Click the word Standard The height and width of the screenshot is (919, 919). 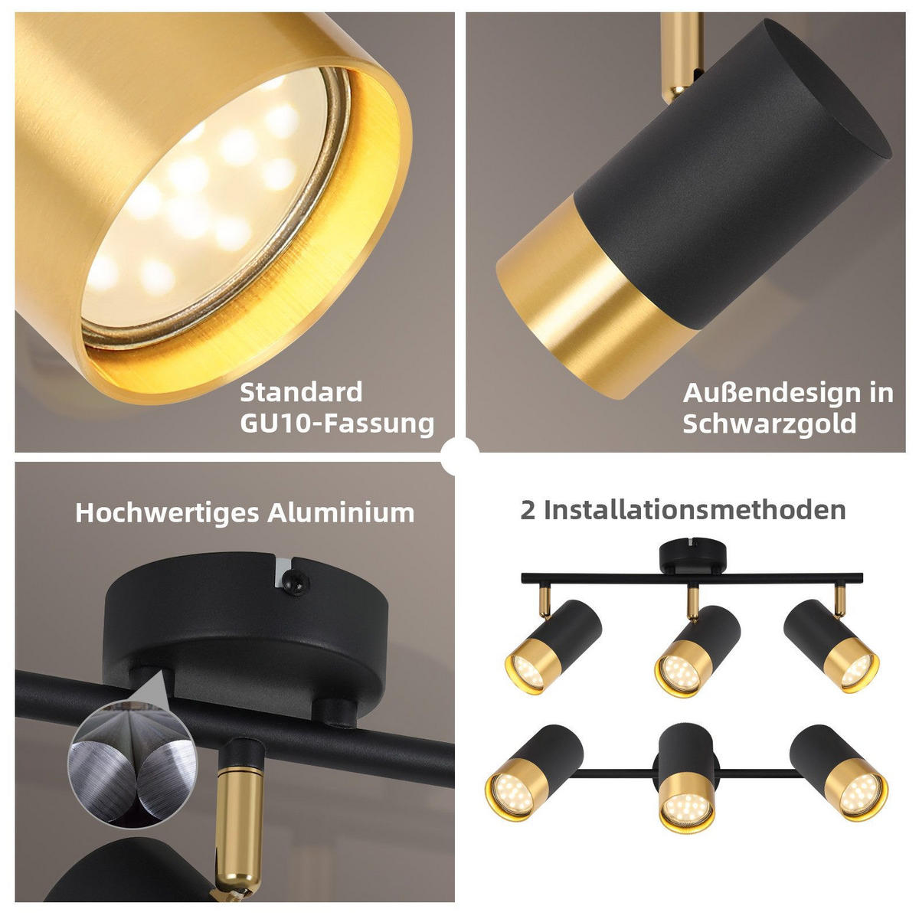coord(301,393)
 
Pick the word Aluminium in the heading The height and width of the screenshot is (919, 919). coord(341,512)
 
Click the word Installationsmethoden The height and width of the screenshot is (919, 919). coord(695,510)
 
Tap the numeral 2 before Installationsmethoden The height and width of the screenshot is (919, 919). coord(528,510)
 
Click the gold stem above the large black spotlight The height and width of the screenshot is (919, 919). coord(681,55)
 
